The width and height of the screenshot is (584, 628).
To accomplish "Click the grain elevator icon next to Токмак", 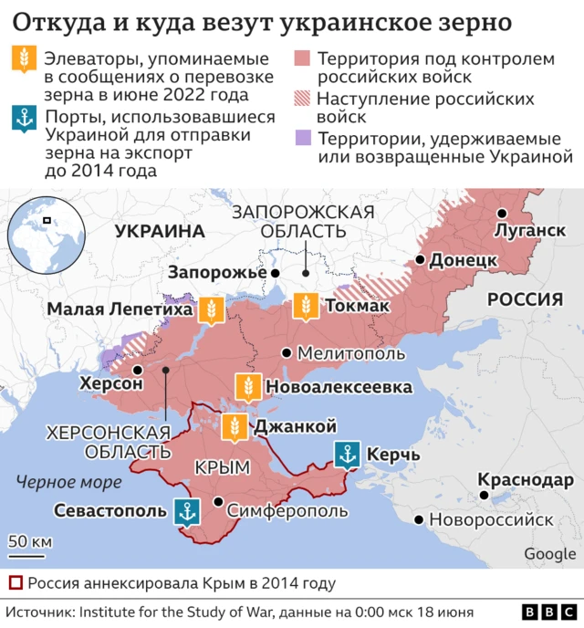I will [305, 308].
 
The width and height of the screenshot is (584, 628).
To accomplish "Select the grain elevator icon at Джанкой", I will [234, 426].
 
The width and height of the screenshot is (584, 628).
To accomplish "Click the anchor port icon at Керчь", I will [347, 454].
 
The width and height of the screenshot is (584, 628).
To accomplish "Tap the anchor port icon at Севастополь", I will [186, 511].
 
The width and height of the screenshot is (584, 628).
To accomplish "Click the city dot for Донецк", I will [419, 260].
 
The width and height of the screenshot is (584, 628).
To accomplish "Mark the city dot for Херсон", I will [137, 370].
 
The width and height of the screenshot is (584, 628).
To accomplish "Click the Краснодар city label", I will [526, 480].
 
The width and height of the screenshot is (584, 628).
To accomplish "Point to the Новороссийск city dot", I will [419, 520].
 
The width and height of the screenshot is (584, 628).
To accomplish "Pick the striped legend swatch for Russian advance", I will [302, 99].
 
